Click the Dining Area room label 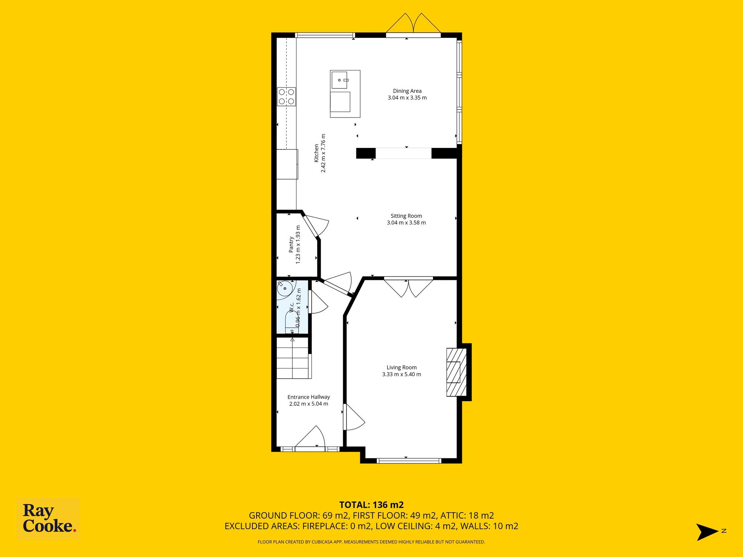[407, 91]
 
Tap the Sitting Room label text [406, 216]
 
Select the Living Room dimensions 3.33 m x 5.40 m [402, 374]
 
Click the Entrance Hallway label [309, 397]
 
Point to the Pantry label [291, 244]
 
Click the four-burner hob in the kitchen [287, 97]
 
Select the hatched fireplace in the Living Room [456, 372]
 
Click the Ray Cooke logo [49, 519]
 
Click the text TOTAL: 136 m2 [371, 505]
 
